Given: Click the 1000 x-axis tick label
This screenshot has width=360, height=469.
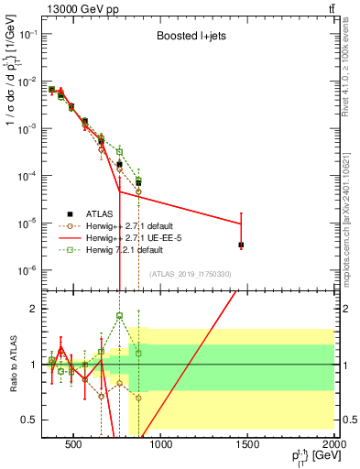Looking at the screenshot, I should (161, 446).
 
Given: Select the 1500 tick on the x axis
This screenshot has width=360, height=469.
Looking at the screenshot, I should (248, 446).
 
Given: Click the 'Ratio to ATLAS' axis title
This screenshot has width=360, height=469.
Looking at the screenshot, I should (12, 365).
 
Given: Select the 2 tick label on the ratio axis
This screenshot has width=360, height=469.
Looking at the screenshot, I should (33, 309).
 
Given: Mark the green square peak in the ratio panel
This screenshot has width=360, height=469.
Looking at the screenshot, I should (119, 316).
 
